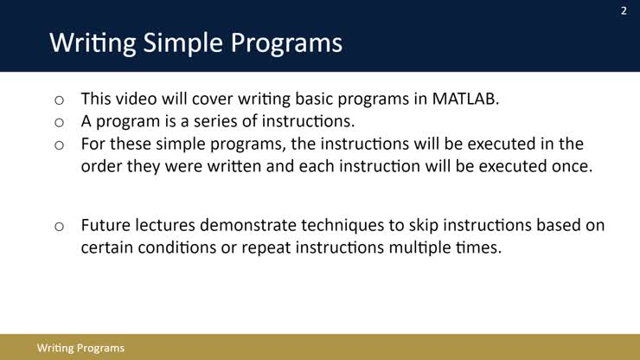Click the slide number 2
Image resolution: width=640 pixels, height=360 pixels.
[x=623, y=11]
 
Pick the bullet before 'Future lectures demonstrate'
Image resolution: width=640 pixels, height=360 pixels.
[x=59, y=227]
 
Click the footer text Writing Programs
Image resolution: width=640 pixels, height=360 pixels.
[x=80, y=348]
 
